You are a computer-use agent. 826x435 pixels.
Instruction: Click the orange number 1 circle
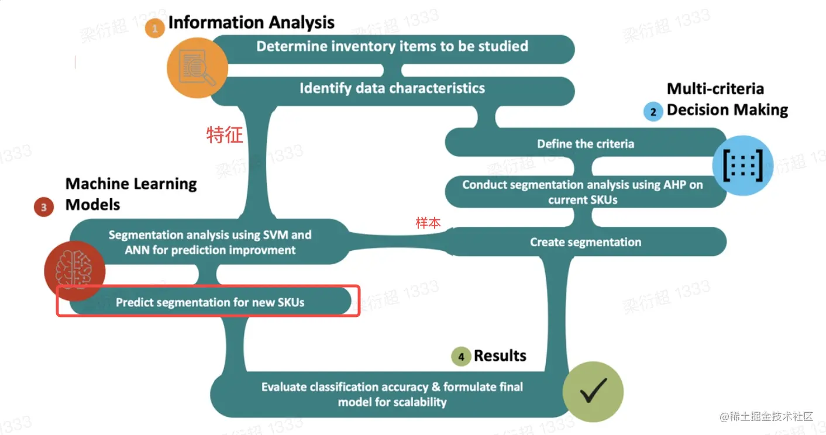click(x=155, y=28)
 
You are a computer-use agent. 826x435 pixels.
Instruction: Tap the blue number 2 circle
click(x=653, y=111)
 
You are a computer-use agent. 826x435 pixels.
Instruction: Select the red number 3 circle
click(x=44, y=206)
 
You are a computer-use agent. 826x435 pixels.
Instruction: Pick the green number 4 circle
click(x=461, y=357)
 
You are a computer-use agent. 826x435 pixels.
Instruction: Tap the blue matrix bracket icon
click(x=742, y=165)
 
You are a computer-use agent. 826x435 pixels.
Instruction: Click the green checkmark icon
click(x=593, y=392)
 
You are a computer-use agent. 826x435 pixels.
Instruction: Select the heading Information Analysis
click(x=252, y=23)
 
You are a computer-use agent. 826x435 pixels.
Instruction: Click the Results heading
click(x=500, y=355)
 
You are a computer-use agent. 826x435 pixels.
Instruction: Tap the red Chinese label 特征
click(x=225, y=135)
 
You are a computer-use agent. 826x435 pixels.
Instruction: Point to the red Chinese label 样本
click(x=428, y=223)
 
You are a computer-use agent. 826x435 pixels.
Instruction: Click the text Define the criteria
click(x=585, y=144)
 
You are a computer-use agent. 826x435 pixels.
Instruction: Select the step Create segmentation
click(x=585, y=242)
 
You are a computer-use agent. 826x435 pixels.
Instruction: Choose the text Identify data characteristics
click(x=392, y=88)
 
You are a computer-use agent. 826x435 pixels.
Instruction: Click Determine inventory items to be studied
click(x=392, y=46)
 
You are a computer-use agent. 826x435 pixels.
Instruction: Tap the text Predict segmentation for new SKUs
click(x=210, y=302)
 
